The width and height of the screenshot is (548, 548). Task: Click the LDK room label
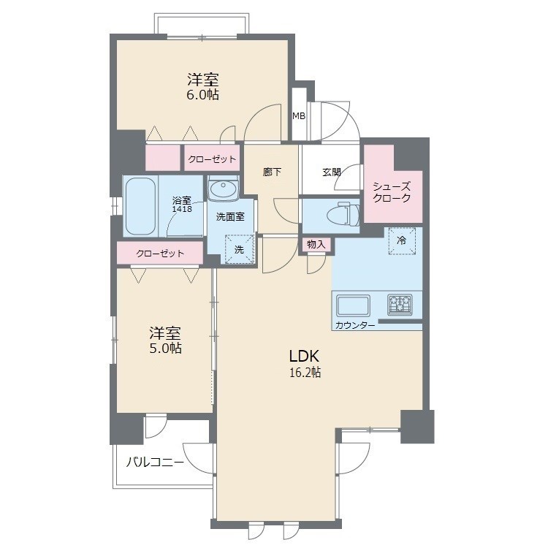pos(305,357)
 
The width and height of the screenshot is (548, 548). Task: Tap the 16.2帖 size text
pos(305,373)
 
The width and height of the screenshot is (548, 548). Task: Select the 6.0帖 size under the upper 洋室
pos(202,95)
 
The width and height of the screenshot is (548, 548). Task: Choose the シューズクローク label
pos(392,192)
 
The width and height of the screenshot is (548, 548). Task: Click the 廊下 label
pos(272,173)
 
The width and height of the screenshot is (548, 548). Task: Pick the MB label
pos(299,115)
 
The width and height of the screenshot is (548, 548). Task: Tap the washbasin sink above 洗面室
pos(223,190)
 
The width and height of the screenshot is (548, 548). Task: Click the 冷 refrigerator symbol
pos(401,241)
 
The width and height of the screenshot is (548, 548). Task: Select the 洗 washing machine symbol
pos(239,248)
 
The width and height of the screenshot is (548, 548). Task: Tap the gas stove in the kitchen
pos(400,302)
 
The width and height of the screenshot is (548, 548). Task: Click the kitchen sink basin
pos(353,303)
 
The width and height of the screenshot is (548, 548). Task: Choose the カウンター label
pos(355,325)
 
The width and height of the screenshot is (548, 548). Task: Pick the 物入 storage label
pos(316,244)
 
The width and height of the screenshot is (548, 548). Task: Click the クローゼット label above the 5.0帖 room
pos(159,254)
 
